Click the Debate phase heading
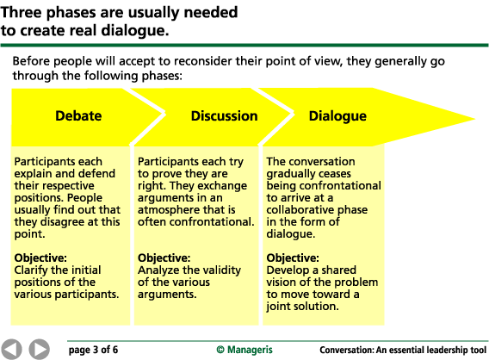point(78,115)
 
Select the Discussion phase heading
point(224,115)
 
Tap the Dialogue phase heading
point(337,116)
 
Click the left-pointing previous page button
point(11,349)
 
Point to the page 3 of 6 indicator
point(93,350)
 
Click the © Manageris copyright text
point(244,350)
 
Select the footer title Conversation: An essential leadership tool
point(403,350)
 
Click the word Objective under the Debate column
point(40,258)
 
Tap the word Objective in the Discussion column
point(164,258)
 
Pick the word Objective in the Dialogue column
point(293,258)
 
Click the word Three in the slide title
point(22,12)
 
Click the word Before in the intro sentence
point(32,61)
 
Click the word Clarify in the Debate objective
point(30,270)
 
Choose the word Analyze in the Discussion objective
point(158,270)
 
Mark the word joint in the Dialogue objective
point(275,307)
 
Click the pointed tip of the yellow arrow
point(474,119)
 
